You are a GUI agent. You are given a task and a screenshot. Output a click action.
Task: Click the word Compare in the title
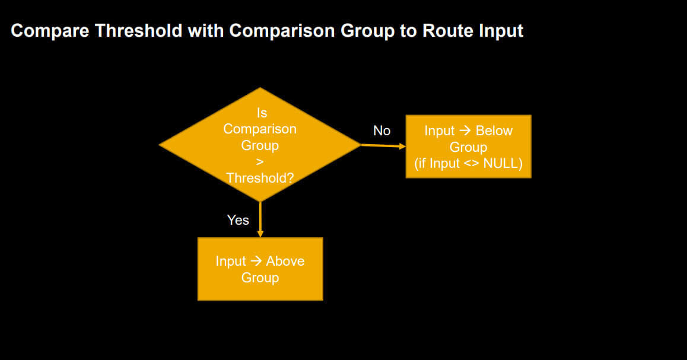50,31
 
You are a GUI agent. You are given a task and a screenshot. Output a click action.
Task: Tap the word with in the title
205,30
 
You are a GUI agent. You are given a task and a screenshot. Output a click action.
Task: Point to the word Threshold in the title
138,30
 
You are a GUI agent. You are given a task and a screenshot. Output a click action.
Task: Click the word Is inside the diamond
262,113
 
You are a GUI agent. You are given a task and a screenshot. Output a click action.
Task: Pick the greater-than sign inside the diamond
260,162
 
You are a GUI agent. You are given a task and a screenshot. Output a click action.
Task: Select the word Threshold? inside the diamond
260,179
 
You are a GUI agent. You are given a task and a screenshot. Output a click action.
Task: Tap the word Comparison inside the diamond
260,129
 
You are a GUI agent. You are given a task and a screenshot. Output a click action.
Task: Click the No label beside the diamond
381,130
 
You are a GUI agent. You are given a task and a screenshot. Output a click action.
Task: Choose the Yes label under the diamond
238,220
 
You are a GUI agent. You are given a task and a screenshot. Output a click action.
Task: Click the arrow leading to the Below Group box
383,145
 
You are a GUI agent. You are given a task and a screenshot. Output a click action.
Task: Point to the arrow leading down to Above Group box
260,219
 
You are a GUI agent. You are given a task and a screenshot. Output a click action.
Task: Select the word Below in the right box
494,130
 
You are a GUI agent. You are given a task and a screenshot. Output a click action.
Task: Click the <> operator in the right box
472,164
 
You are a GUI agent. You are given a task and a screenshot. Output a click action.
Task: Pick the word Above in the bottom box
285,261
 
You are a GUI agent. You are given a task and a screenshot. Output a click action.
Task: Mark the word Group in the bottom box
260,278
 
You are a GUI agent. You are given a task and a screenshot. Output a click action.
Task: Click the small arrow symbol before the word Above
256,261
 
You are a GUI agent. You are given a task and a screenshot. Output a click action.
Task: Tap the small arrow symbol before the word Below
465,130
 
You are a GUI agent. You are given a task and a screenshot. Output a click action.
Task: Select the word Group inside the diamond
260,145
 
